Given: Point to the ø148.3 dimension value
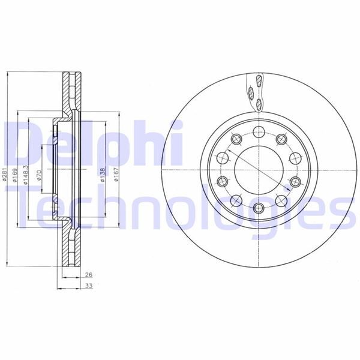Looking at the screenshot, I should click(25, 175).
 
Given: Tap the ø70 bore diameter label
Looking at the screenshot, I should click(39, 175).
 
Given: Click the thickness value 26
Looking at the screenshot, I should click(88, 275).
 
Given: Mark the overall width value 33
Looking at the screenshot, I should click(88, 286).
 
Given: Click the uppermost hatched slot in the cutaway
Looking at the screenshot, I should click(259, 82).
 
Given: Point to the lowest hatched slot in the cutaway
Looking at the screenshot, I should click(259, 104).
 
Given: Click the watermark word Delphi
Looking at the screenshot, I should click(90, 144).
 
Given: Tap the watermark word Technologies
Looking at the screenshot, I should click(180, 207).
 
